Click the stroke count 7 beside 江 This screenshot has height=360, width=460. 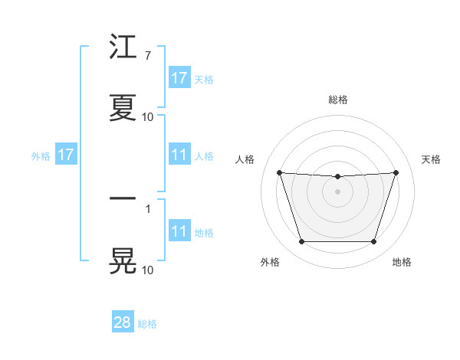point(147,57)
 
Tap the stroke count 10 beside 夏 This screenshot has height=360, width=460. point(147,117)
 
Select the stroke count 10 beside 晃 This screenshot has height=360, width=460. point(147,270)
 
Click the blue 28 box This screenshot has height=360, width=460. point(123,322)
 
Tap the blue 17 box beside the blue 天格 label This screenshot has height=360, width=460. point(179,78)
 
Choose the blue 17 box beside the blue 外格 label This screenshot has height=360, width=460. point(66,155)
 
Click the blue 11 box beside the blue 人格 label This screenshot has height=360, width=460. point(179,155)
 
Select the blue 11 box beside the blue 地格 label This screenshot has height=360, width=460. point(179,231)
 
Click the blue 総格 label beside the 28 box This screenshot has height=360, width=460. point(147,324)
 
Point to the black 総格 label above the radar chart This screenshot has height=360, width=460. point(337,100)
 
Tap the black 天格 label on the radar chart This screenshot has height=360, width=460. point(431,159)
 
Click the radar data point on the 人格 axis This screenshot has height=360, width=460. point(280,173)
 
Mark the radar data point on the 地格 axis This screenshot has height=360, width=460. point(373,242)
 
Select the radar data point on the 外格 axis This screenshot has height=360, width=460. point(301,242)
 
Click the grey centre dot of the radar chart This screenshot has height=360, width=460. point(337,191)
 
